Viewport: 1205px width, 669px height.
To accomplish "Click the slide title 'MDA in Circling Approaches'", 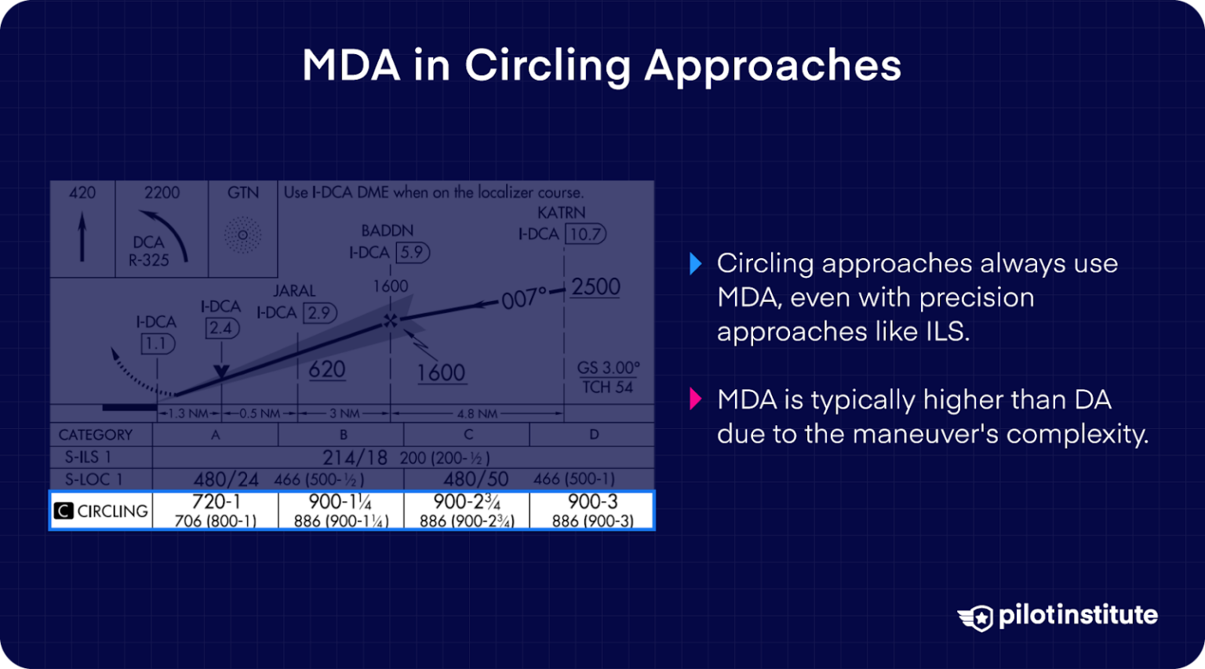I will (602, 65).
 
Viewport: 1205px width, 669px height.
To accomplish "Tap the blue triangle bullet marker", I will (695, 264).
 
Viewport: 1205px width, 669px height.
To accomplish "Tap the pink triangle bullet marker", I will (695, 399).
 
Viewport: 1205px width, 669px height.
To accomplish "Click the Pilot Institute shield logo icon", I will (976, 617).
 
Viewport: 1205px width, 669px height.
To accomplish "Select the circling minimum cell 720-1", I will (216, 511).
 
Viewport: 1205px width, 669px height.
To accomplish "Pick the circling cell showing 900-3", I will (592, 511).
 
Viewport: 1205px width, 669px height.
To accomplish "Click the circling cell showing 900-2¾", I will (467, 511).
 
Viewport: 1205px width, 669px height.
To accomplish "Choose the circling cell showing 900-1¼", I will (340, 511).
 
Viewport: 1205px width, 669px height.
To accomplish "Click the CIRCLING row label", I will (102, 511).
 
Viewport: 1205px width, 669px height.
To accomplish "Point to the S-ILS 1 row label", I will (88, 457).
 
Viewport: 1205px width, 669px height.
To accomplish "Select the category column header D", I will (593, 434).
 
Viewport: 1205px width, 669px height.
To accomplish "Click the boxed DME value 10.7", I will (586, 234).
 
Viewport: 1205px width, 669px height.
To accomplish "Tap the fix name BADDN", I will (387, 231).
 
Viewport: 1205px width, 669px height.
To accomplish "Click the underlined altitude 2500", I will (595, 287).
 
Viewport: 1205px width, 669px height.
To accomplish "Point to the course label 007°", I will (523, 299).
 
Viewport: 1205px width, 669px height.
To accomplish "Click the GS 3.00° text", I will (608, 367).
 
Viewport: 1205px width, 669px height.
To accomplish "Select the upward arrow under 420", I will (82, 237).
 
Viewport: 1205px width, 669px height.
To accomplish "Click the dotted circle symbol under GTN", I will (243, 235).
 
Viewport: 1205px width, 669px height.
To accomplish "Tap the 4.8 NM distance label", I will (477, 413).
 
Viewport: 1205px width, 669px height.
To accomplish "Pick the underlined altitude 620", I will (327, 369).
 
